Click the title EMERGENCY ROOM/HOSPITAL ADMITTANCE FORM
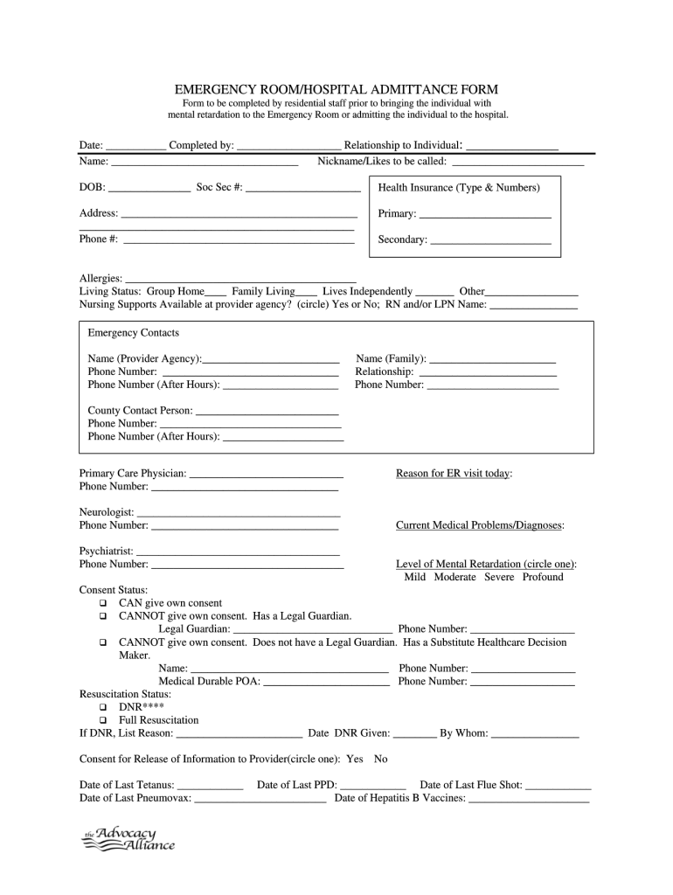click(336, 89)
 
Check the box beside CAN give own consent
click(103, 603)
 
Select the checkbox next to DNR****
click(103, 706)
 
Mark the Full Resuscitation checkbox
click(103, 720)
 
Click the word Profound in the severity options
click(543, 577)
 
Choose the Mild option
click(415, 577)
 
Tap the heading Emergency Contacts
click(133, 333)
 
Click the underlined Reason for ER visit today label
click(454, 473)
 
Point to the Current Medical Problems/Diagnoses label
click(479, 525)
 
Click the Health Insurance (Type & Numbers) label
click(459, 188)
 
